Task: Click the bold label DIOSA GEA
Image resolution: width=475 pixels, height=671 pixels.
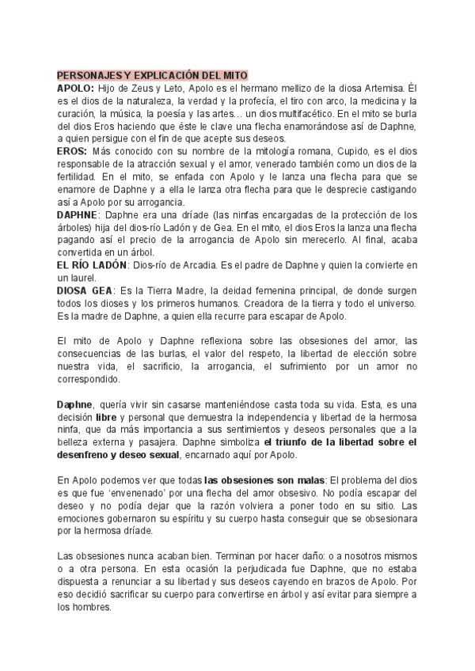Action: (85, 290)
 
